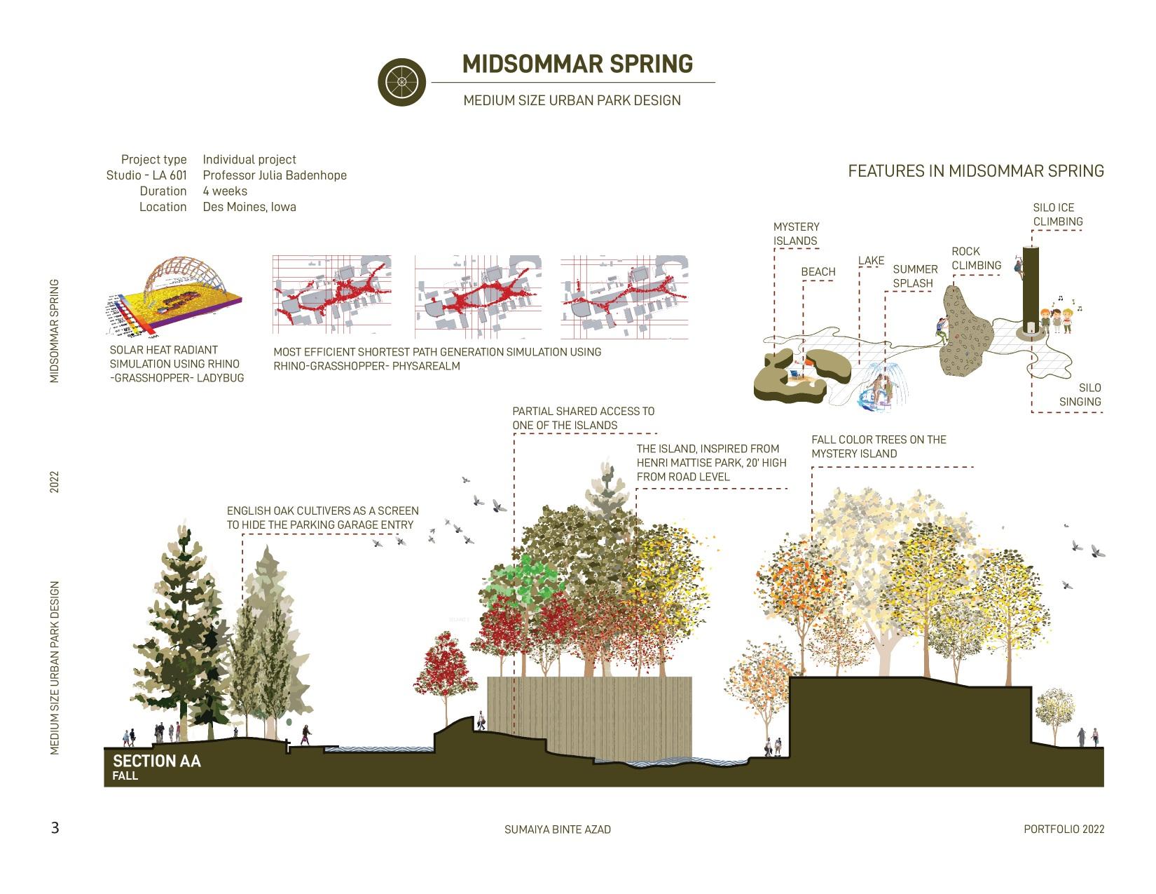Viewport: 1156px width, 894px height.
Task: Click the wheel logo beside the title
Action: point(401,82)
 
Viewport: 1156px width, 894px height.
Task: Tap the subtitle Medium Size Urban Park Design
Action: point(572,100)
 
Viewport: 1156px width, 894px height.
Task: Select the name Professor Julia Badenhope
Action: point(275,175)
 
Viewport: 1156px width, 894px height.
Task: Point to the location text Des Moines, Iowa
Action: point(249,207)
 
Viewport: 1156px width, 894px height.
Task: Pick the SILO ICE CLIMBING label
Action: point(1057,215)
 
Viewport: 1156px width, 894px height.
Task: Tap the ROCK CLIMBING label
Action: point(976,258)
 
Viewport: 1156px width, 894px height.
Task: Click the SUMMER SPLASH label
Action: point(914,276)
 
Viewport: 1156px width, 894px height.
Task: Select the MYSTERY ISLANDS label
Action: point(796,233)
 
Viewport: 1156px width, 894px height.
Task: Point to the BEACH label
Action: point(818,272)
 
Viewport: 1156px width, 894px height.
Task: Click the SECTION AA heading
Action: point(156,761)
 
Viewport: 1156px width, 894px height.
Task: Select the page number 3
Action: point(55,828)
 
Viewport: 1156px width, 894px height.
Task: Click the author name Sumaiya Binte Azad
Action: point(557,829)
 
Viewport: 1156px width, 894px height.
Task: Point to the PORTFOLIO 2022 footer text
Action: point(1064,829)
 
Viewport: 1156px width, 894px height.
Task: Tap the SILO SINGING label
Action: point(1080,395)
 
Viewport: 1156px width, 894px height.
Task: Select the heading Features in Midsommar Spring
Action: point(975,171)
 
